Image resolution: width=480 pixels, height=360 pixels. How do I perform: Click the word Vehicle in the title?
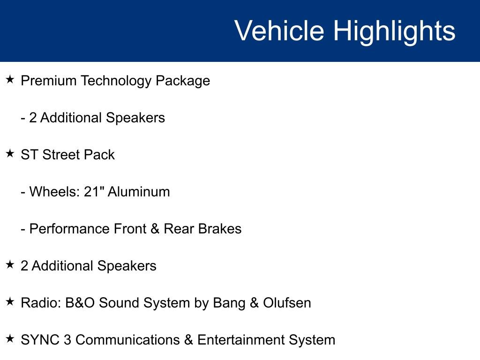click(279, 31)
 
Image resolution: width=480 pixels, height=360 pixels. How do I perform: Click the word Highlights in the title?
click(394, 31)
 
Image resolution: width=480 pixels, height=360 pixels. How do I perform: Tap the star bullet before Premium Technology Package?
click(10, 80)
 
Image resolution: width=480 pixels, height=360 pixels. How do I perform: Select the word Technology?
click(116, 81)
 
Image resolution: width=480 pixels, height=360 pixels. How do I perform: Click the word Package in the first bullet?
click(183, 81)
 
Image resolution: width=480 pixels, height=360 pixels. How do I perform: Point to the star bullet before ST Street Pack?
click(10, 154)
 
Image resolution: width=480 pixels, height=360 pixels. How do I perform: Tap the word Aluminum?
click(139, 192)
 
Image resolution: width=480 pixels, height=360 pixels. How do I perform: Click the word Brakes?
click(220, 229)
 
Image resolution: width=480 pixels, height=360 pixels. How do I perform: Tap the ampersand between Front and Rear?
click(154, 229)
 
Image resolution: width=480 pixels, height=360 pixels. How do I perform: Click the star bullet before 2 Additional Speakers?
click(10, 265)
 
